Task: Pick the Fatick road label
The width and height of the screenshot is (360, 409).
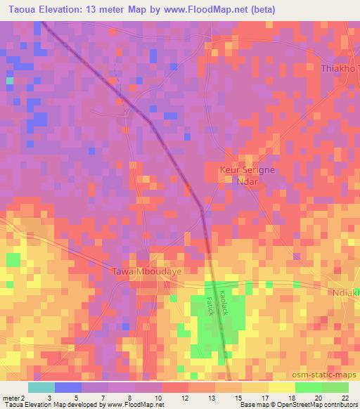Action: (209, 305)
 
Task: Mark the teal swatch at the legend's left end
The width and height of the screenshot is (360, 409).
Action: (41, 387)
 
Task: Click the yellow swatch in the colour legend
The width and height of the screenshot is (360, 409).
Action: (281, 387)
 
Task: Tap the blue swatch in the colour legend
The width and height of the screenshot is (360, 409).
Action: (67, 387)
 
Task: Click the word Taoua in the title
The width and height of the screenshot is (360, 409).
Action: (20, 10)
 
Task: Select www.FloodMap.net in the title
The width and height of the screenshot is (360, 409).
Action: (207, 10)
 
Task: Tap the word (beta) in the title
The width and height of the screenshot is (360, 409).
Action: (261, 10)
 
